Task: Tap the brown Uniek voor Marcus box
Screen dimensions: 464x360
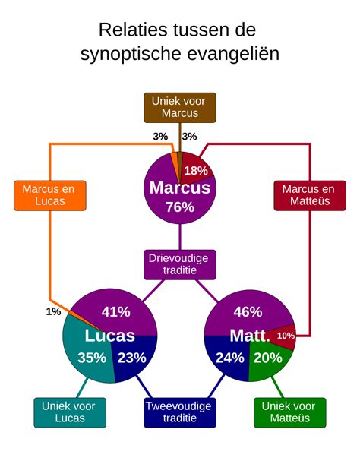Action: click(x=180, y=107)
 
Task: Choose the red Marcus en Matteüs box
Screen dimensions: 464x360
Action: click(x=308, y=195)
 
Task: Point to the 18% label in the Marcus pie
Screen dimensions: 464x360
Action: click(x=196, y=170)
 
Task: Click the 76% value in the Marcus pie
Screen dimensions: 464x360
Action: click(x=180, y=207)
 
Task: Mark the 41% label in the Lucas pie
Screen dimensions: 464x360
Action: click(x=116, y=311)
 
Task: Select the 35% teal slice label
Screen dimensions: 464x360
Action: click(x=92, y=358)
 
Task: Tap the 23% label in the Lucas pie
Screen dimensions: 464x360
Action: click(x=131, y=358)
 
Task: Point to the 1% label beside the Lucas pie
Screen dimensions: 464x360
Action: click(x=53, y=312)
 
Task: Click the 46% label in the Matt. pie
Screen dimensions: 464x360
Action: click(x=248, y=311)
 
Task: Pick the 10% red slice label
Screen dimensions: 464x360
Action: click(x=286, y=336)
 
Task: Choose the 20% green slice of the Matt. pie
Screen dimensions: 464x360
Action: click(x=268, y=358)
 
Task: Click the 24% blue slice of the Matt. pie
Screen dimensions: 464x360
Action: click(x=229, y=358)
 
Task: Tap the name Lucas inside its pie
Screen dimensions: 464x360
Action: click(x=109, y=336)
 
